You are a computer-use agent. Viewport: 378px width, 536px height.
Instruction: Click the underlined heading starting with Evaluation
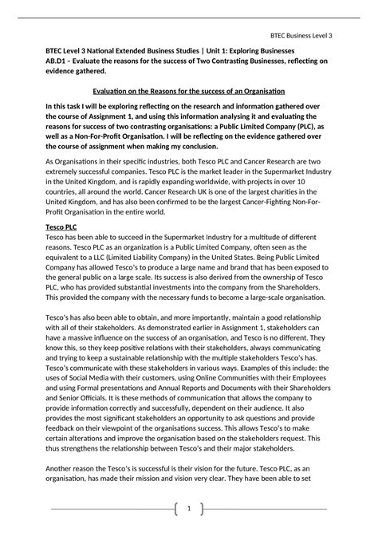click(189, 92)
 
